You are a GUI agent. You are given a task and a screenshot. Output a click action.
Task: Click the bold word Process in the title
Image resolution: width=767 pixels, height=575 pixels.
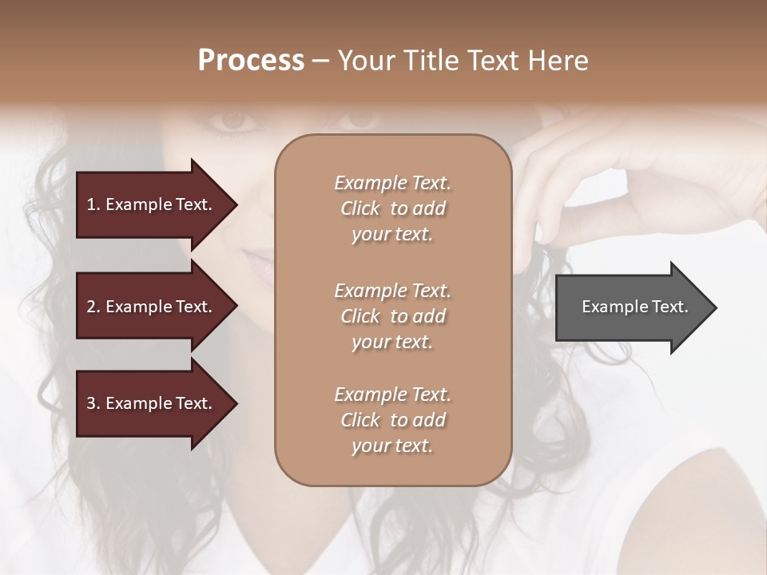(251, 60)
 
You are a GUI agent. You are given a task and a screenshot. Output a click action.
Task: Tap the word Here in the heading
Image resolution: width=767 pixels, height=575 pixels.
(557, 60)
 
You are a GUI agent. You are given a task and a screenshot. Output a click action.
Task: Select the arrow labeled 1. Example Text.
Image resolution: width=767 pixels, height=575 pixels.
(152, 204)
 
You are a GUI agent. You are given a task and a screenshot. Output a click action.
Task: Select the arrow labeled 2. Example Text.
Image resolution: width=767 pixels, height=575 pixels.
(152, 307)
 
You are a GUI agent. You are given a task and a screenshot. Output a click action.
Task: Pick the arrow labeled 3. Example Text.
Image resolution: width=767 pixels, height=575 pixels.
(152, 403)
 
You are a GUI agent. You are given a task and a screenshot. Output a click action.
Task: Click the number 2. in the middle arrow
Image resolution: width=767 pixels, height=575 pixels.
(93, 307)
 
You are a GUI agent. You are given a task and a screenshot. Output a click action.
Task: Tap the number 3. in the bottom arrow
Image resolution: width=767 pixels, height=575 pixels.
(93, 403)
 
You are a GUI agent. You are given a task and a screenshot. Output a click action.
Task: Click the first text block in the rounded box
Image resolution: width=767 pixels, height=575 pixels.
(392, 208)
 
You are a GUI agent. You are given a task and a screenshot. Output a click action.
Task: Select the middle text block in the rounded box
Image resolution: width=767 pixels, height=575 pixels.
(392, 316)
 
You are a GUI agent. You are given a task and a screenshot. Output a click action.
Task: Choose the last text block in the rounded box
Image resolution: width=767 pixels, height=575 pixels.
(392, 420)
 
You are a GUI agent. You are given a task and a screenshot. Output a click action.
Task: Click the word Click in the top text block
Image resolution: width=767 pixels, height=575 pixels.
(360, 208)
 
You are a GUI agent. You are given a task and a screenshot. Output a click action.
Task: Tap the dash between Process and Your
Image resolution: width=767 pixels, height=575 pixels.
(321, 61)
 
